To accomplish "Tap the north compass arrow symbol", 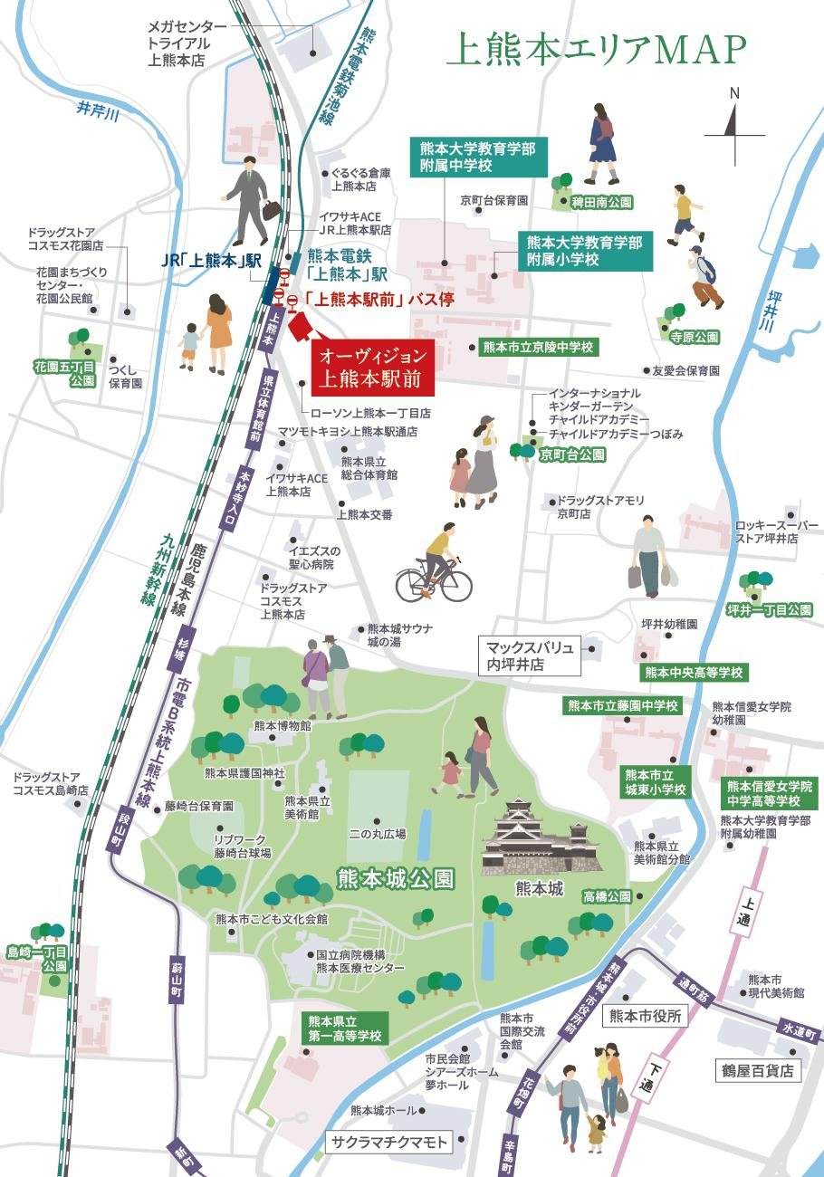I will point(734,127).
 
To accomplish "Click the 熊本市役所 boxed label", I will point(645,1016).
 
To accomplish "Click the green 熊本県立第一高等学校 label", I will point(344,1028).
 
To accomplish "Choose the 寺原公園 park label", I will point(695,337).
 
